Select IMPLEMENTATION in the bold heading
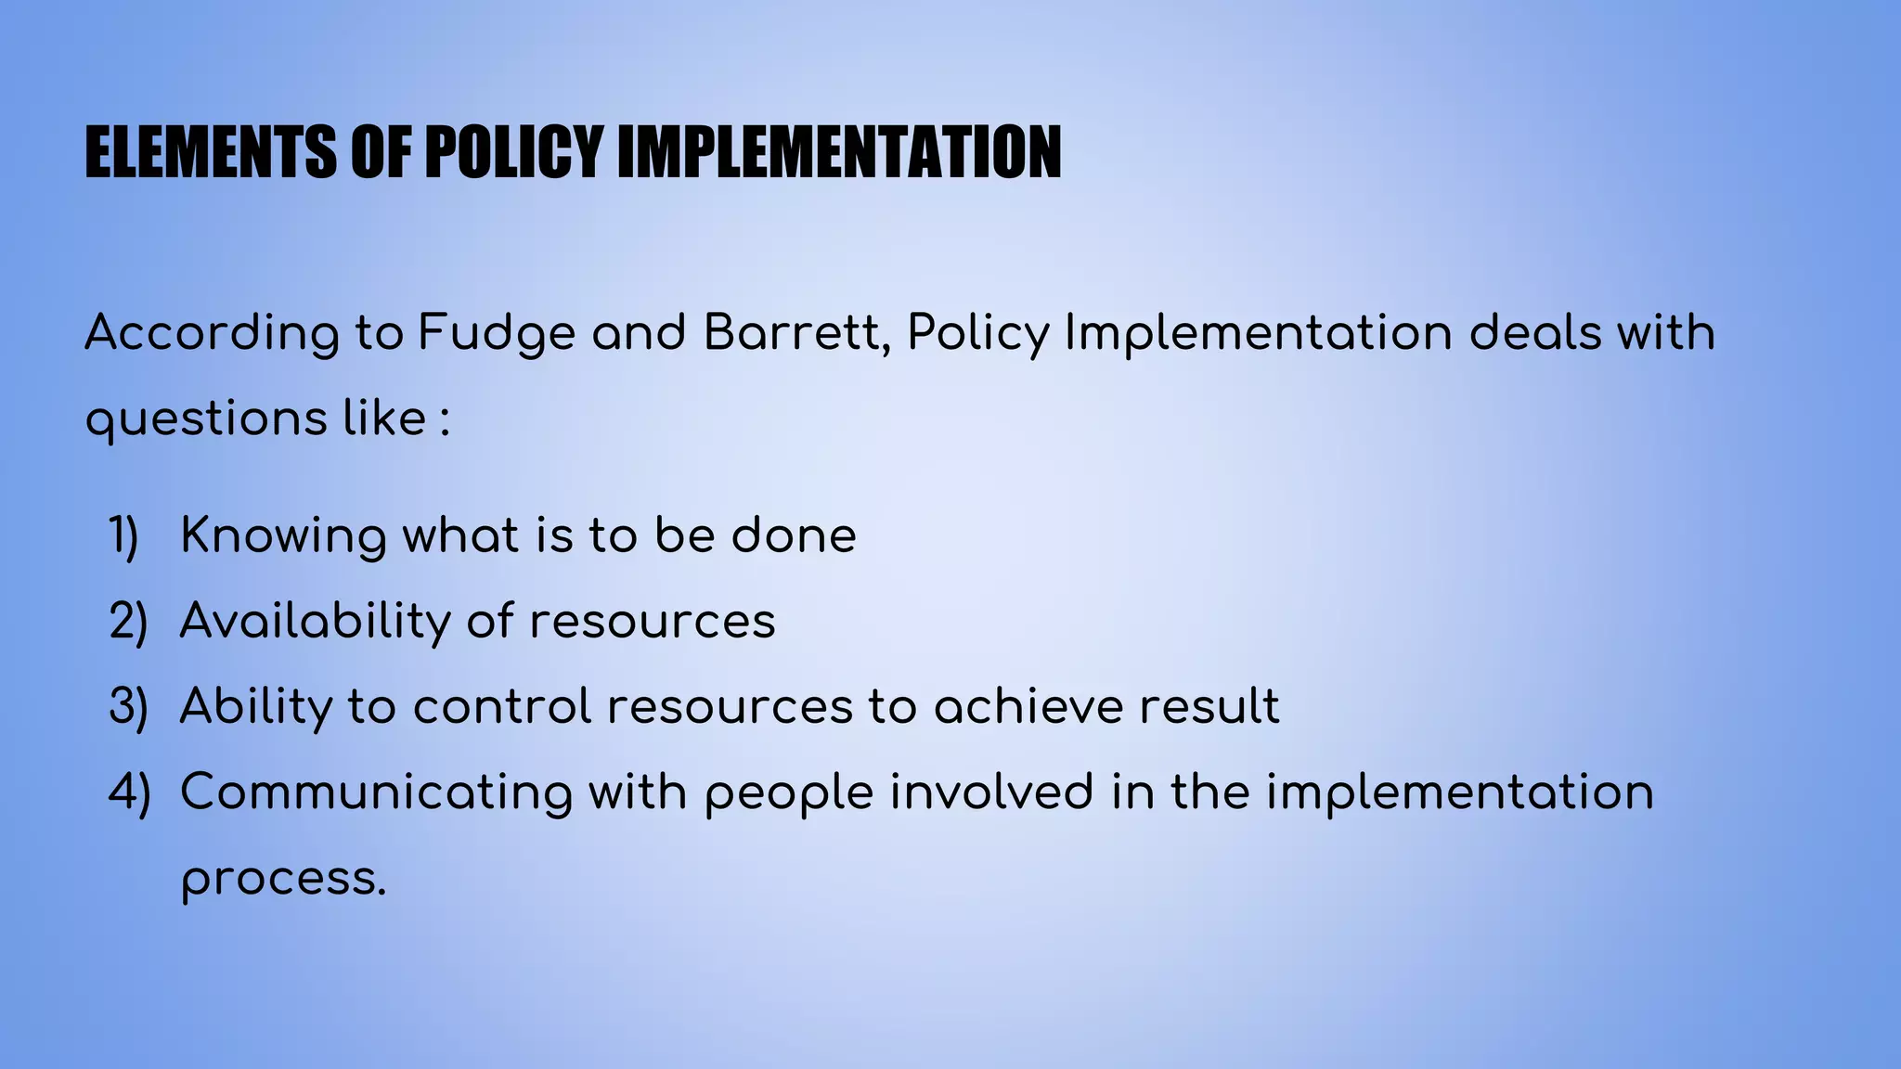pyautogui.click(x=839, y=152)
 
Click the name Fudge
pyautogui.click(x=497, y=334)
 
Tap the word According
pyautogui.click(x=213, y=334)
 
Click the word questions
pyautogui.click(x=206, y=420)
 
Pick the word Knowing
pyautogui.click(x=283, y=537)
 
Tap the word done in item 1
pyautogui.click(x=793, y=535)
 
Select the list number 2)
pyautogui.click(x=128, y=622)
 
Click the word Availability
pyautogui.click(x=315, y=622)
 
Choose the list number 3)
pyautogui.click(x=128, y=707)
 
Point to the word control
pyautogui.click(x=501, y=706)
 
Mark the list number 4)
pyautogui.click(x=129, y=792)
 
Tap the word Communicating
pyautogui.click(x=376, y=794)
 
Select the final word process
pyautogui.click(x=282, y=879)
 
